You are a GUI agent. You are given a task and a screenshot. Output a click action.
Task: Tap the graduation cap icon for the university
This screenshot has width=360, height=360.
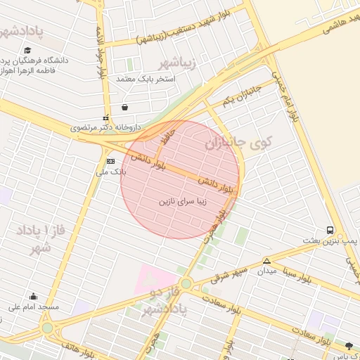tap(27, 50)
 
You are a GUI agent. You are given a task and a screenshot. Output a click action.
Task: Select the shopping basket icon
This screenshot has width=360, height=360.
tap(124, 108)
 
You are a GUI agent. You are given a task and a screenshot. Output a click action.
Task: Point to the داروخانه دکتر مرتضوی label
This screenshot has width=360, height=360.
tap(105, 128)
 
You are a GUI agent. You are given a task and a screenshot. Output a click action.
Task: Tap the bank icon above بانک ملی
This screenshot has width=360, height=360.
tap(109, 161)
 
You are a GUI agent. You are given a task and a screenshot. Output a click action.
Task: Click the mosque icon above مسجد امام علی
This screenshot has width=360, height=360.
tap(33, 296)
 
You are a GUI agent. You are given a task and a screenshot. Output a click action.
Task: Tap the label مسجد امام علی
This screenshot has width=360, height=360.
tap(33, 307)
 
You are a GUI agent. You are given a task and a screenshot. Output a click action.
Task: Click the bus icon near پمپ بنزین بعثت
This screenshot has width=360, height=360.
tap(330, 230)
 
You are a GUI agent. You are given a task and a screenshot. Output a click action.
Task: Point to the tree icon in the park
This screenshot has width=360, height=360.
tap(349, 345)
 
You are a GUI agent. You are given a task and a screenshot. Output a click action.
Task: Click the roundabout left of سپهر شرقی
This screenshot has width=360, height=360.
tap(186, 283)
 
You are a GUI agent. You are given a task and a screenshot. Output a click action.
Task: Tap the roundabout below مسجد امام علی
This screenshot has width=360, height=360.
tap(47, 328)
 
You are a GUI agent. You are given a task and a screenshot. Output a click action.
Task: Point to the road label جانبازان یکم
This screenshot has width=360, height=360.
tap(241, 96)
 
